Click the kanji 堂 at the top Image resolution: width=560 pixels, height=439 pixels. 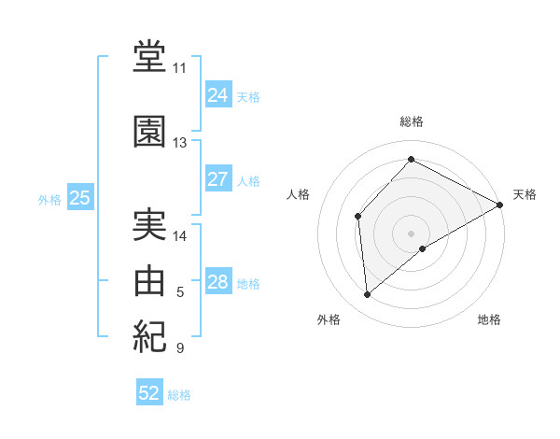[x=150, y=56]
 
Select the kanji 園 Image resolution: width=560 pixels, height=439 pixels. [x=150, y=132]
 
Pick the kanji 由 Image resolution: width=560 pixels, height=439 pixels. [x=150, y=280]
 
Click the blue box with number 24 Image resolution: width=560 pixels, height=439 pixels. [x=217, y=95]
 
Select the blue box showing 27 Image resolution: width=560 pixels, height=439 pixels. [x=217, y=179]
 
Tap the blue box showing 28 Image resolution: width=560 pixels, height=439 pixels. [x=217, y=282]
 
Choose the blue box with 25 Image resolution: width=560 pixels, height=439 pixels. [x=79, y=198]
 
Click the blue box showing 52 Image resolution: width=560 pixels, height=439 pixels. [x=149, y=393]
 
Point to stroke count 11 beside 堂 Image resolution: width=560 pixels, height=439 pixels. [x=180, y=68]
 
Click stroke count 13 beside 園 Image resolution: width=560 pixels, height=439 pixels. [x=180, y=143]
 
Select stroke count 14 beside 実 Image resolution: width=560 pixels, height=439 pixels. [x=180, y=236]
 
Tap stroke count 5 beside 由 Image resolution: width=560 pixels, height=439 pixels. [x=180, y=292]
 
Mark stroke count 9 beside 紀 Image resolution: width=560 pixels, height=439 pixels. [x=180, y=348]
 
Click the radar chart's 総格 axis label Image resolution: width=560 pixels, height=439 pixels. [x=412, y=121]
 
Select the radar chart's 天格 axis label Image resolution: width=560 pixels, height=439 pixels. [x=525, y=194]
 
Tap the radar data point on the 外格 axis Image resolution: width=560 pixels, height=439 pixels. [x=368, y=295]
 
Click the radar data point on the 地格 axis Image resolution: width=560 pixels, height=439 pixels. [x=423, y=248]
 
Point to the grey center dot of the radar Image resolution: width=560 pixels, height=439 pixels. [x=411, y=233]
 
